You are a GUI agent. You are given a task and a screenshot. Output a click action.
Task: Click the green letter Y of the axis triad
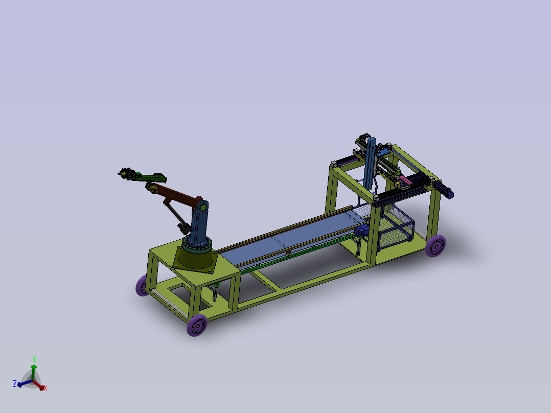pos(34,359)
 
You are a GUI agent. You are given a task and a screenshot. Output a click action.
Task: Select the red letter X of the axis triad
pos(45,388)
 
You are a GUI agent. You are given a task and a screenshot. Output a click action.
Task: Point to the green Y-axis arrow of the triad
pos(34,371)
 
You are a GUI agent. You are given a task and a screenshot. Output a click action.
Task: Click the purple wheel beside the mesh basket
pos(435,246)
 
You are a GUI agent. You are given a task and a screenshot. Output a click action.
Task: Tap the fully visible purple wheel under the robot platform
pos(197,325)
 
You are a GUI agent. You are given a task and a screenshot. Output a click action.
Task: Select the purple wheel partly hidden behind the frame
pos(142,285)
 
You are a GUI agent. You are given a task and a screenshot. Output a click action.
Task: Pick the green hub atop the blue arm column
pos(203,206)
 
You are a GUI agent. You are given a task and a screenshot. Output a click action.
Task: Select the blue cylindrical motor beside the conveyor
pos(360,231)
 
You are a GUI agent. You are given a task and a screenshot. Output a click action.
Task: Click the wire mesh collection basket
pos(396,230)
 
